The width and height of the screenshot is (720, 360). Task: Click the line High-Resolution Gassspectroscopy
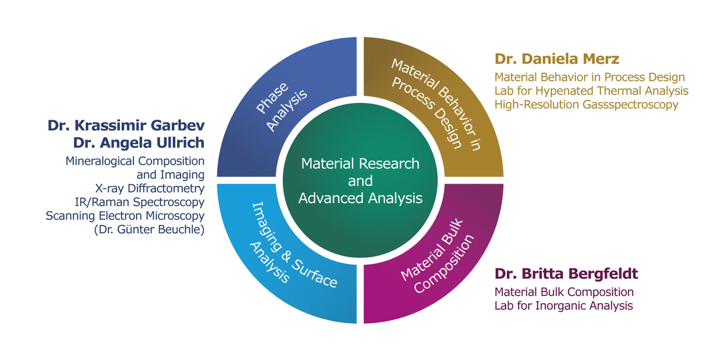click(586, 105)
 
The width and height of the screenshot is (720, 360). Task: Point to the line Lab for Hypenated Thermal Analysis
click(591, 91)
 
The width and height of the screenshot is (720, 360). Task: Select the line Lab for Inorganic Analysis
click(563, 305)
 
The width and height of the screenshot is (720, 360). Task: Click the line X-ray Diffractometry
click(149, 188)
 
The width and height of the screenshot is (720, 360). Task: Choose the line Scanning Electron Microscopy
click(125, 215)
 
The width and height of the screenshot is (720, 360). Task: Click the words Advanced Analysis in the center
click(360, 198)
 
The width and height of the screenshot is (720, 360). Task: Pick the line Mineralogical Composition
click(135, 160)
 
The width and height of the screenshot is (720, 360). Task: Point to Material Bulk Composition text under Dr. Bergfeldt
click(564, 291)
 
